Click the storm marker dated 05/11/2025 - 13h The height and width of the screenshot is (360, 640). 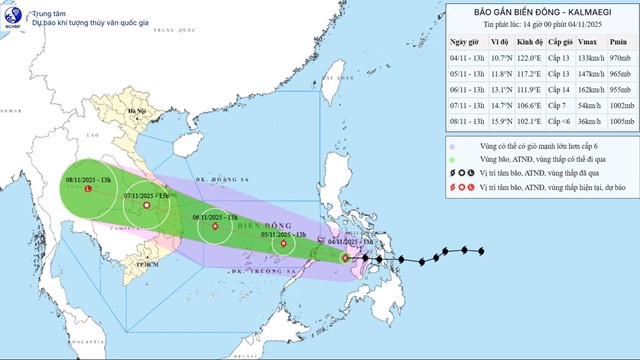click(287, 242)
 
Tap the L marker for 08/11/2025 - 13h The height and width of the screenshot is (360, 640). click(89, 189)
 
